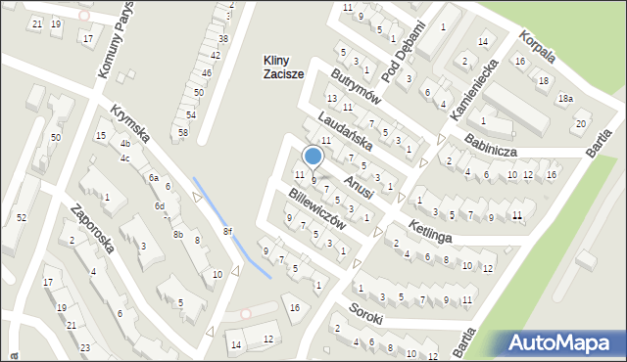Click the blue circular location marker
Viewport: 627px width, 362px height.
pyautogui.click(x=313, y=157)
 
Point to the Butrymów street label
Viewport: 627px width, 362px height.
pyautogui.click(x=355, y=90)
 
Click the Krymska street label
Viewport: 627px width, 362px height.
pyautogui.click(x=129, y=123)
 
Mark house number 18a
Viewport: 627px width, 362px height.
pyautogui.click(x=565, y=99)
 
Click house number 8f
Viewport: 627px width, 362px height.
pyautogui.click(x=227, y=231)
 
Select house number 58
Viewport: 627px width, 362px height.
pyautogui.click(x=182, y=132)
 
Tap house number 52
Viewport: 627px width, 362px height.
pyautogui.click(x=21, y=217)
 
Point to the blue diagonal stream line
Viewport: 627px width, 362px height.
pyautogui.click(x=231, y=226)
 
